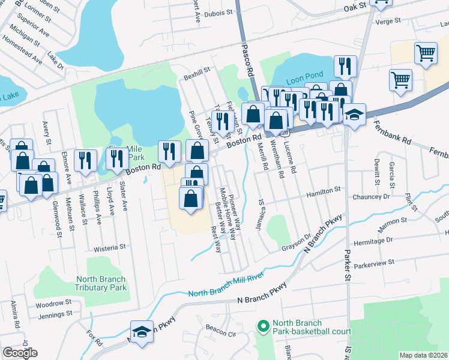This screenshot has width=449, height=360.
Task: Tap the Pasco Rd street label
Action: (247, 58)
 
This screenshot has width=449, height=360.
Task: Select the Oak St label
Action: (355, 8)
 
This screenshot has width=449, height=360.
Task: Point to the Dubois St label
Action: (218, 12)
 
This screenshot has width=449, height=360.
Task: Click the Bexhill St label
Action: (197, 70)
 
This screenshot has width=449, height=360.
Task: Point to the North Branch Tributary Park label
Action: (101, 283)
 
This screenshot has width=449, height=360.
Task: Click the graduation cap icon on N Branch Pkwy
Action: (142, 332)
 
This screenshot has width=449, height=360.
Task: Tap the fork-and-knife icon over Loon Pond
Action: (345, 65)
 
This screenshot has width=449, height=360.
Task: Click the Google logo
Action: (20, 353)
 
